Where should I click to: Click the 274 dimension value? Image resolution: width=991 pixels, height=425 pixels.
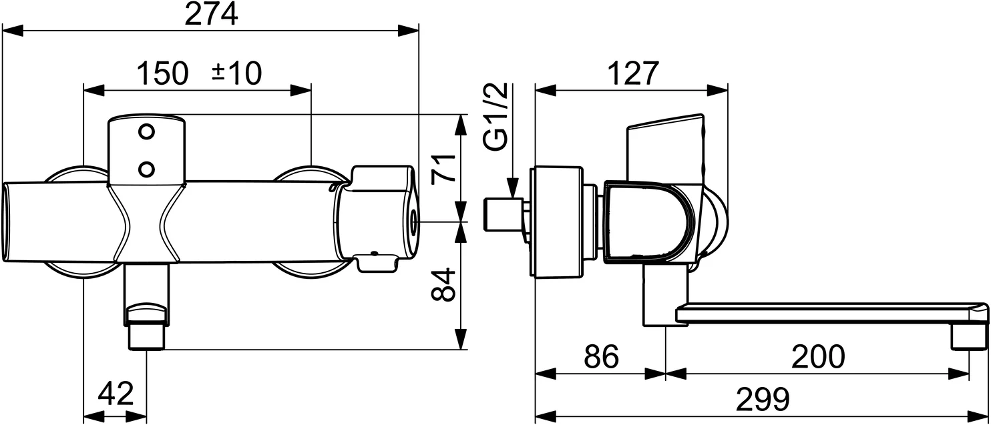point(210,14)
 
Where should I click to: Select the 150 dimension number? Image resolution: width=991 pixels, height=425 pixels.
point(163,73)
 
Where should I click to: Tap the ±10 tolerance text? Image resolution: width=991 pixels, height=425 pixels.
point(236,73)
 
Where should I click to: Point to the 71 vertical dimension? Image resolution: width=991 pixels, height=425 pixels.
point(442,168)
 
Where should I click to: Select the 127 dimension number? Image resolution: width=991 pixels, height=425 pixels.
point(632,73)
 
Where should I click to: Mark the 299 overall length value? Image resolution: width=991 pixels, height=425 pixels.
point(763,400)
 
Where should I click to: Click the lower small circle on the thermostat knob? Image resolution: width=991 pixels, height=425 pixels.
point(147,167)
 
